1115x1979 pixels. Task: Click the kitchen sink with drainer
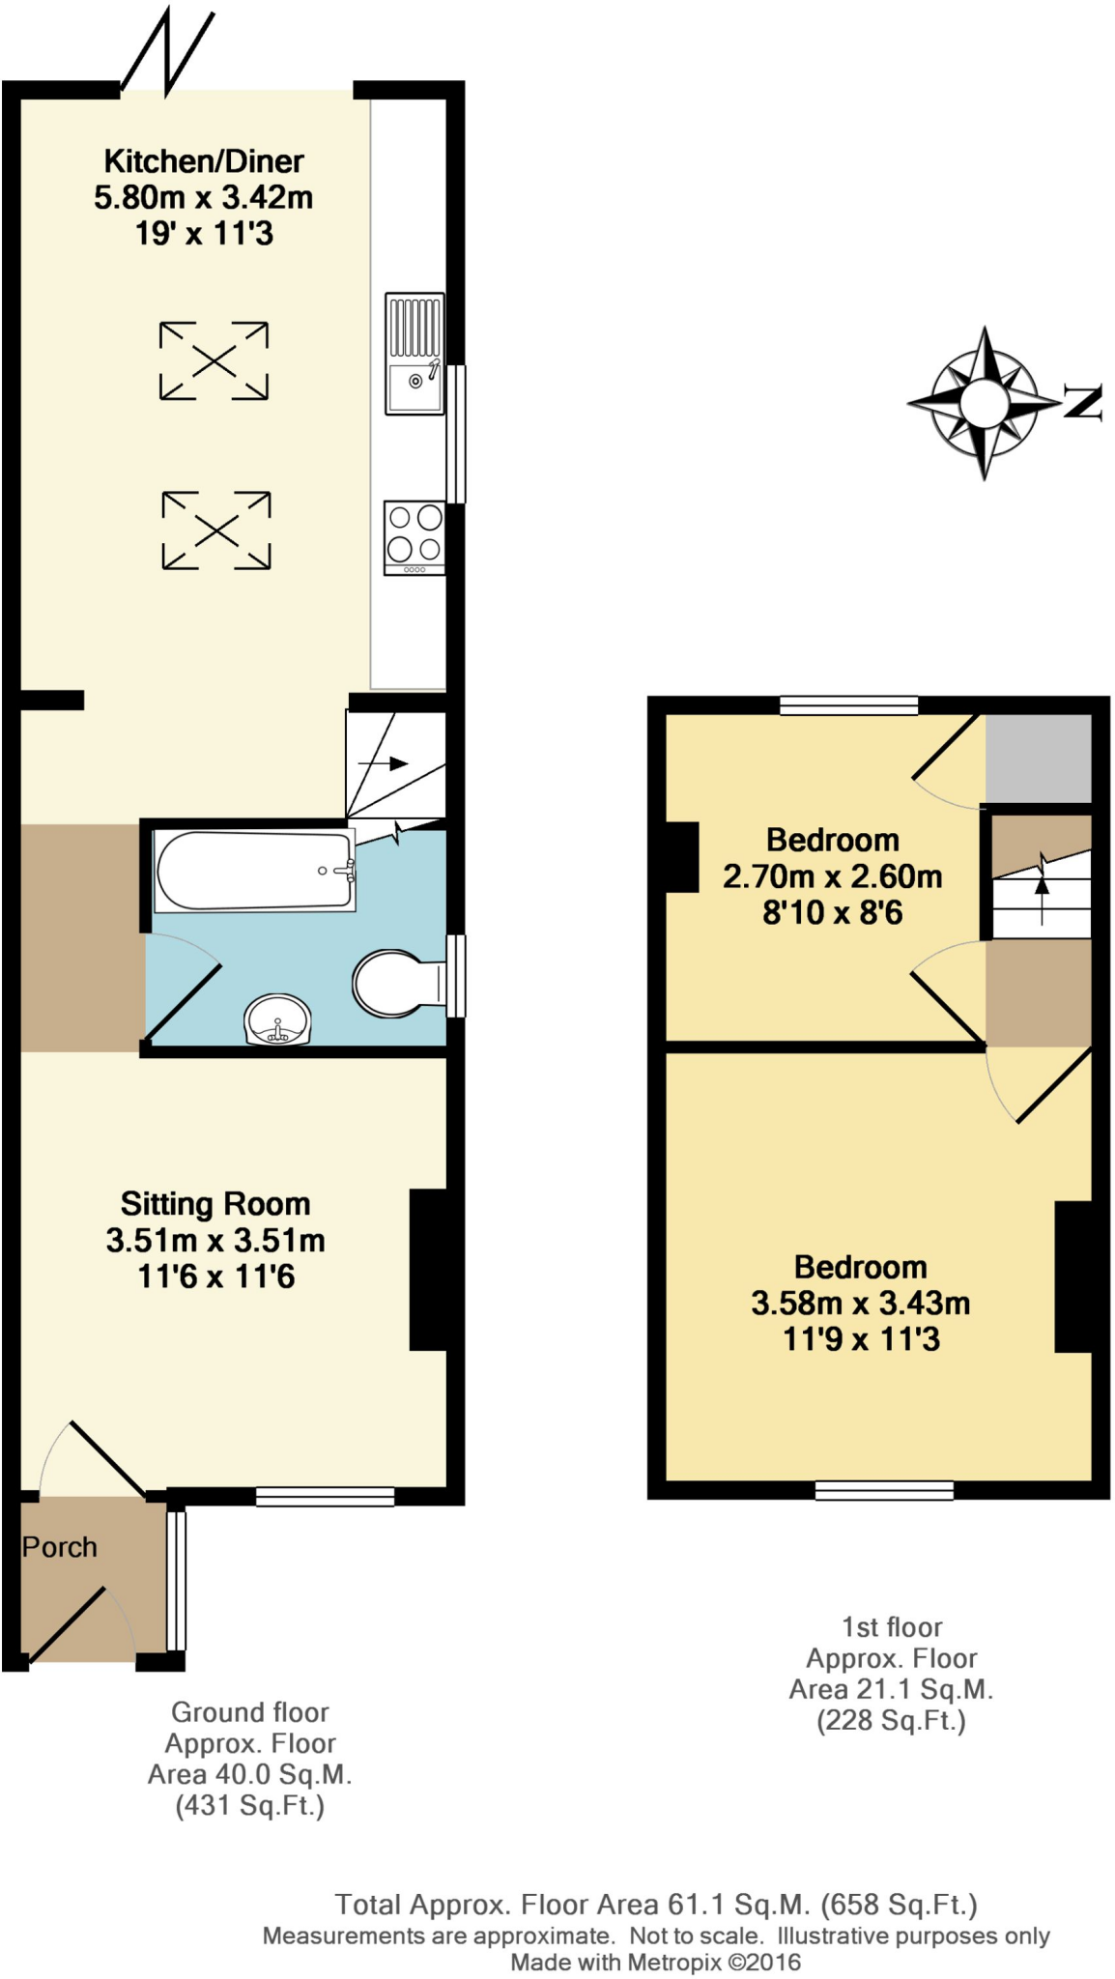pyautogui.click(x=415, y=354)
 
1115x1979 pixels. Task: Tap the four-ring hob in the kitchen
pyautogui.click(x=415, y=537)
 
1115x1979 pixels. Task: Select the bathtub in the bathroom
pyautogui.click(x=255, y=871)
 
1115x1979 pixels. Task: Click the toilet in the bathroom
pyautogui.click(x=390, y=984)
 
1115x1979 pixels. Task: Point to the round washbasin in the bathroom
pyautogui.click(x=277, y=1020)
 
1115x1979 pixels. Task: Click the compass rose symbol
pyautogui.click(x=984, y=402)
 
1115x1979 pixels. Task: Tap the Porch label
pyautogui.click(x=60, y=1547)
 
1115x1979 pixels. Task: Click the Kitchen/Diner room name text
pyautogui.click(x=204, y=160)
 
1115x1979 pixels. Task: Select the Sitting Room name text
pyautogui.click(x=215, y=1204)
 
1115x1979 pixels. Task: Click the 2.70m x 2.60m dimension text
pyautogui.click(x=832, y=876)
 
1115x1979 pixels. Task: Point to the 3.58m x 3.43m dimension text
pyautogui.click(x=860, y=1304)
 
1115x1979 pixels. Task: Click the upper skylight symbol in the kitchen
pyautogui.click(x=214, y=361)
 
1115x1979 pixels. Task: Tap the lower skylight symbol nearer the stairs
pyautogui.click(x=216, y=530)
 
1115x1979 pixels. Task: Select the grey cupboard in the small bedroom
pyautogui.click(x=1038, y=759)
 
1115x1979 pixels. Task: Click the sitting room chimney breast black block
pyautogui.click(x=428, y=1269)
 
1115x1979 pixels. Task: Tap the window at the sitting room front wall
pyautogui.click(x=325, y=1497)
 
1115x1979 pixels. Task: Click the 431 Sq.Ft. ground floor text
pyautogui.click(x=249, y=1805)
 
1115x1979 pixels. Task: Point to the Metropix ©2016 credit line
pyautogui.click(x=655, y=1963)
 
